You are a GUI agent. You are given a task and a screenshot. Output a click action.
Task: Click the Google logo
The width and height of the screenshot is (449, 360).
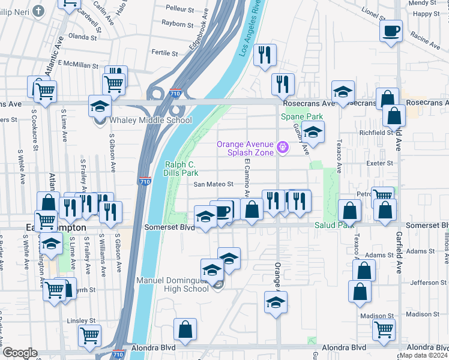tap(20, 353)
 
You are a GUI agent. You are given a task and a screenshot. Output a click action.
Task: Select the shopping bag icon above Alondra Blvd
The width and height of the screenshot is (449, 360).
tap(185, 329)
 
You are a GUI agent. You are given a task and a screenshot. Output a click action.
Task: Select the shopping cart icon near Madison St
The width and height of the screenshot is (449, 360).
tap(384, 329)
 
